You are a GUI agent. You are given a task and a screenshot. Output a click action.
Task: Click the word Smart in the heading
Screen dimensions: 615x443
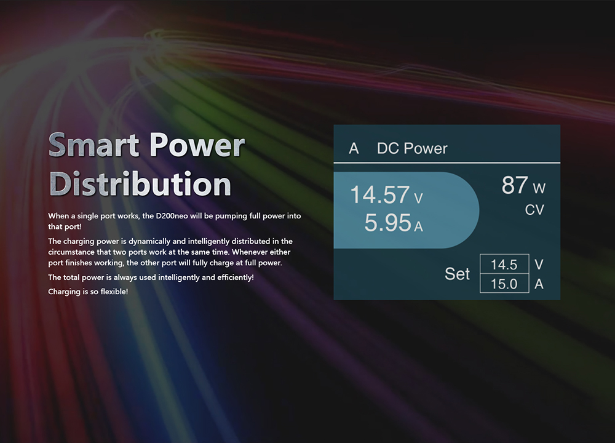pos(93,145)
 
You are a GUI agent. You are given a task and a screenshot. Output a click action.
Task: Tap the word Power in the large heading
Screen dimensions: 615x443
pos(197,145)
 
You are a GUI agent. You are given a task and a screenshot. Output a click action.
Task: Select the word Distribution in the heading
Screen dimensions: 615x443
pos(140,183)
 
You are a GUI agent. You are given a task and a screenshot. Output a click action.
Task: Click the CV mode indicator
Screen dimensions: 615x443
pos(534,210)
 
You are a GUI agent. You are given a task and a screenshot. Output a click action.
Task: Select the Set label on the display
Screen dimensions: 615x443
pos(457,274)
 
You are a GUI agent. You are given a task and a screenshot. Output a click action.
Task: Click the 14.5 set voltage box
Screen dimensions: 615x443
pos(504,264)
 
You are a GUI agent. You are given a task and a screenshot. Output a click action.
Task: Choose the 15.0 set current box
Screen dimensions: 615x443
pos(504,283)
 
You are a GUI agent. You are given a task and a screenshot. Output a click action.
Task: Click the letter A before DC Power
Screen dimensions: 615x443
pos(354,148)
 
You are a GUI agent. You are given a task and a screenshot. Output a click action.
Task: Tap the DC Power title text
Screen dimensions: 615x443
pos(412,148)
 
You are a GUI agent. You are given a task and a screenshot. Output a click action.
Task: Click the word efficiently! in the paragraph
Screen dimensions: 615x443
pos(236,277)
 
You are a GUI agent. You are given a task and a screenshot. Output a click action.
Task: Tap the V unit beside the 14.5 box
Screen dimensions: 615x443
pos(539,265)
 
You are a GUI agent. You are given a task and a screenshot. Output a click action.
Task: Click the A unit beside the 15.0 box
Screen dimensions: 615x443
pos(539,284)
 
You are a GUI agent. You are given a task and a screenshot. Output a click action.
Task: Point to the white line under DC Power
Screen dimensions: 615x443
pos(446,162)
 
